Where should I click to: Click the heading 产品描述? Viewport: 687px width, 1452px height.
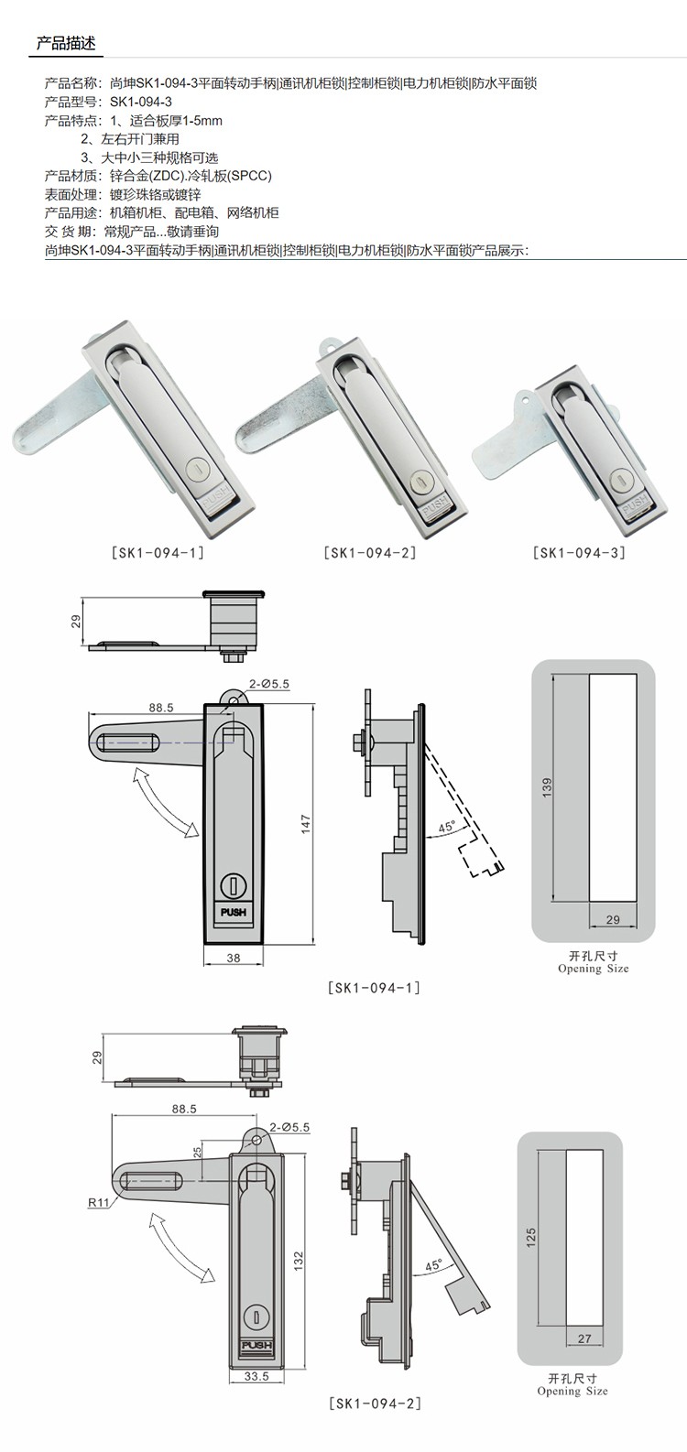pos(66,43)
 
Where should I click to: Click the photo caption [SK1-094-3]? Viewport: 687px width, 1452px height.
pos(579,553)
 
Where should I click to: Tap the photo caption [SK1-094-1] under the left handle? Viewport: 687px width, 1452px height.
pos(158,553)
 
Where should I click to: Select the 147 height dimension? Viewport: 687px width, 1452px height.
pos(306,824)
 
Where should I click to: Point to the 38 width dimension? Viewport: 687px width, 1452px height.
pos(234,958)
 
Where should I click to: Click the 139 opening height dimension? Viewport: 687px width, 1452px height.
pos(547,787)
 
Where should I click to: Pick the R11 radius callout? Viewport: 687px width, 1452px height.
pos(99,1202)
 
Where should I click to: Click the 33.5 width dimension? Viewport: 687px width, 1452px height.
pos(256,1375)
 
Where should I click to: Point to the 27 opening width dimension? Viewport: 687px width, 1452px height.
pos(584,1338)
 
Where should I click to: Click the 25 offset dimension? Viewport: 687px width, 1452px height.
pos(197,1151)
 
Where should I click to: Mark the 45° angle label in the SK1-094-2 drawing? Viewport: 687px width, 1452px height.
pos(433,1265)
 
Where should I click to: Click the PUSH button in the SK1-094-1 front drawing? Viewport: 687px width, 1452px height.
pos(234,912)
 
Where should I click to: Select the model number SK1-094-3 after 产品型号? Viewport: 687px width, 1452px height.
pos(141,102)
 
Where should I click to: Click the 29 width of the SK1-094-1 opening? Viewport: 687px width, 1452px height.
pos(613,919)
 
